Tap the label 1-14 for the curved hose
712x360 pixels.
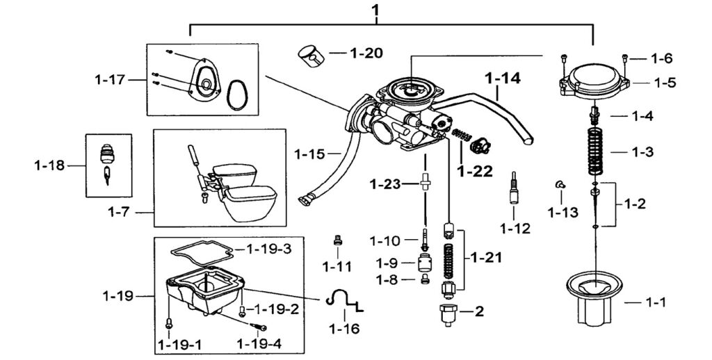(x=502, y=79)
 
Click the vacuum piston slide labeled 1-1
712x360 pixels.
(x=592, y=299)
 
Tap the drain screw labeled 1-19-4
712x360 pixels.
(x=261, y=327)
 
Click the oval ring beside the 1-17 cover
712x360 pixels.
(x=238, y=93)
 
